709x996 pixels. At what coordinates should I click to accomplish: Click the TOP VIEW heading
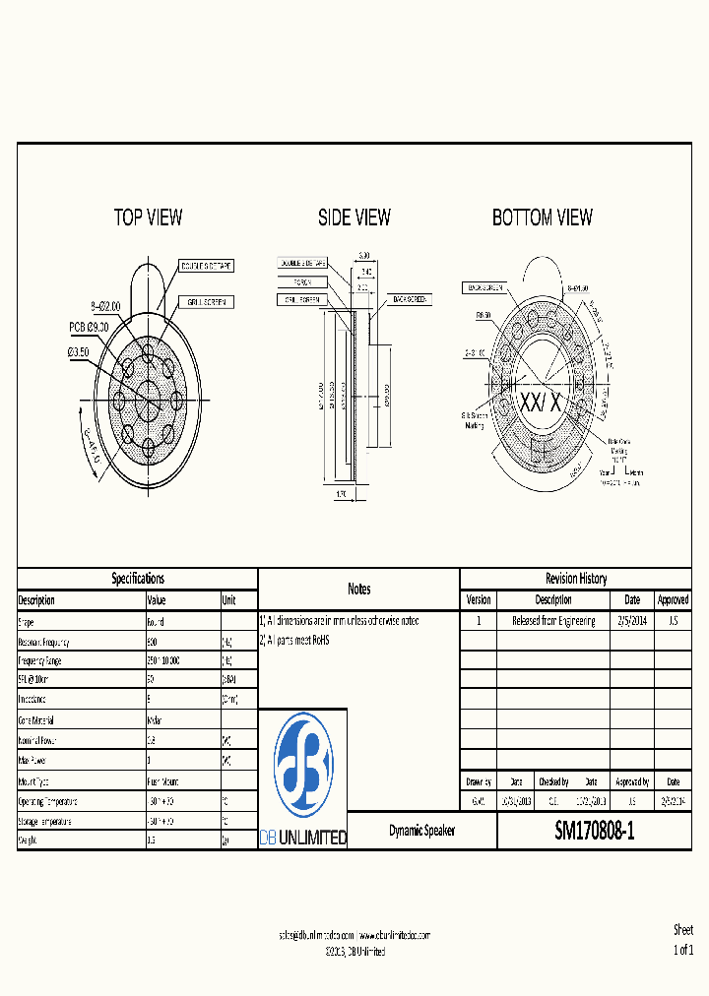coord(148,218)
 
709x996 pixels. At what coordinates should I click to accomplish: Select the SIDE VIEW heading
coord(354,218)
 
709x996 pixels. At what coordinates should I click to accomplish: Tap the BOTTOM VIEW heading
coord(543,218)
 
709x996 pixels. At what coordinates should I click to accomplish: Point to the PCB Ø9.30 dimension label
coord(95,326)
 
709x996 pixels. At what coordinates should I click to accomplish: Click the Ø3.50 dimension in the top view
coord(79,351)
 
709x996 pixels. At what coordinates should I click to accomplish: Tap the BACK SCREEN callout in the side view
coord(410,298)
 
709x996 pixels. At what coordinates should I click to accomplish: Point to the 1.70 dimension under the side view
coord(341,495)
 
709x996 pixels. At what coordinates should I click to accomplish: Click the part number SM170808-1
coord(595,832)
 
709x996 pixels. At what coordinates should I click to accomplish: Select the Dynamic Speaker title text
coord(421,832)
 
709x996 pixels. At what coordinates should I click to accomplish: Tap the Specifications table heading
coord(138,579)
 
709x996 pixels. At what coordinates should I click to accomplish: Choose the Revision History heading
coord(576,579)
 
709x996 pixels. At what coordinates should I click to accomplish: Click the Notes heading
coord(359,589)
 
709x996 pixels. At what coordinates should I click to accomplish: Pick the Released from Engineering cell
coord(553,621)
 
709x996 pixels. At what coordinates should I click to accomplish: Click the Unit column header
coord(228,600)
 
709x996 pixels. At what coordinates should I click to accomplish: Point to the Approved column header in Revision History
coord(673,599)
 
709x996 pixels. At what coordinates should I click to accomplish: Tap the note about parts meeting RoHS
coord(294,640)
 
